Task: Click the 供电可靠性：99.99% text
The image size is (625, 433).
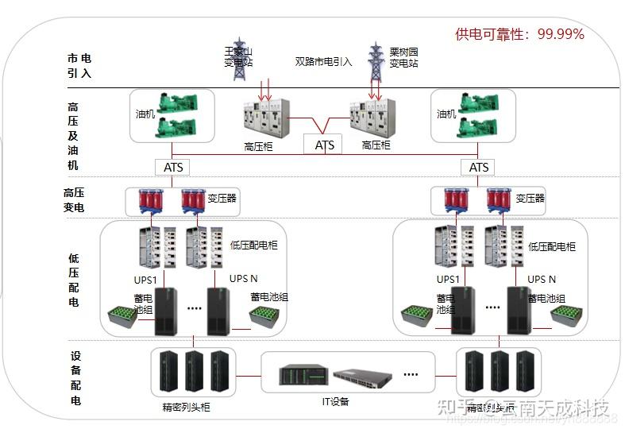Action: coord(519,33)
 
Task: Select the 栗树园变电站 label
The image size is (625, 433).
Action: coord(403,57)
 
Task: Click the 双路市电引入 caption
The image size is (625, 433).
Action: coord(323,61)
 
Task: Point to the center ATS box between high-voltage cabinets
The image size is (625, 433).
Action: coord(325,145)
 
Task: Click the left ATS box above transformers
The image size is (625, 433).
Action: coord(174,167)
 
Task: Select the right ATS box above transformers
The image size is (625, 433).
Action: coord(479,167)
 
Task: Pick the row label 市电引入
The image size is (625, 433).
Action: coord(79,65)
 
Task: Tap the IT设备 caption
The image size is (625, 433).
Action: coord(335,401)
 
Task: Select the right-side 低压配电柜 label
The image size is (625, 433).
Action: coord(552,247)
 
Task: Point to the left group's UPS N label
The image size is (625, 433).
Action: coord(244,279)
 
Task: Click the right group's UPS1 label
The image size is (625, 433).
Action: coord(448,279)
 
